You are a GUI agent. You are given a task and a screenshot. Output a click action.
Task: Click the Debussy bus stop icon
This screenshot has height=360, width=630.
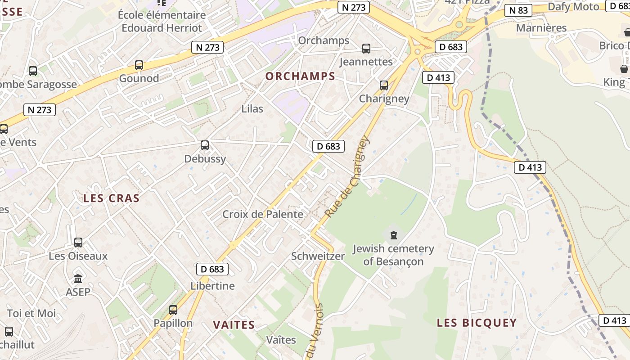205,145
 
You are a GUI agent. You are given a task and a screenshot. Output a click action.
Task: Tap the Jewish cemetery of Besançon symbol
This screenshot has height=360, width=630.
394,235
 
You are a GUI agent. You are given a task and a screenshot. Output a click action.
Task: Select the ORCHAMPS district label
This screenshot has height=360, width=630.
300,76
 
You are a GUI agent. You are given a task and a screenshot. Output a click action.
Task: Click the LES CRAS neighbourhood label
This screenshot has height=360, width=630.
112,198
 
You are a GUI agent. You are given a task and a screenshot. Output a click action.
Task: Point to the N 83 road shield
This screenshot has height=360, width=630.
518,10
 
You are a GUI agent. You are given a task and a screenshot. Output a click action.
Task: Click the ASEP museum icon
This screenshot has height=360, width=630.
78,279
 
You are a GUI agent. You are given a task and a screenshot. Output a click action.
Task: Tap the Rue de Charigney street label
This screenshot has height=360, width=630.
348,177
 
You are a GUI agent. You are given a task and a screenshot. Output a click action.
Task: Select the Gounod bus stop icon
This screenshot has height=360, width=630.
139,65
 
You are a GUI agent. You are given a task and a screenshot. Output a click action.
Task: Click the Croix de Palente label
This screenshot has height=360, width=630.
263,214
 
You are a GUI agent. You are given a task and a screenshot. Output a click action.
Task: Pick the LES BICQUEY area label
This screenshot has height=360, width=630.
477,323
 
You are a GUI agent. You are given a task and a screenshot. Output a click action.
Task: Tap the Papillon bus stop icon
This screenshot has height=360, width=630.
173,310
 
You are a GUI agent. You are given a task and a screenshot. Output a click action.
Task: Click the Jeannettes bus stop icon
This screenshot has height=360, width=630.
366,49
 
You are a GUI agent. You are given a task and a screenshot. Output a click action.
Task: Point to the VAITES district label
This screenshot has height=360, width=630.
234,325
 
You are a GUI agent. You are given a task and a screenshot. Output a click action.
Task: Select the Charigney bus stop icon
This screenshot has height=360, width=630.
384,85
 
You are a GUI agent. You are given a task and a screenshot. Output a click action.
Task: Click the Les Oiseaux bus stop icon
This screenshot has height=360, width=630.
78,243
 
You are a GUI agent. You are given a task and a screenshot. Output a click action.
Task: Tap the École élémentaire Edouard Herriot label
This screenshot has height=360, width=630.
162,21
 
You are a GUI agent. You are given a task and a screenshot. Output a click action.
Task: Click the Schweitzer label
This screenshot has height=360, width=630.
318,256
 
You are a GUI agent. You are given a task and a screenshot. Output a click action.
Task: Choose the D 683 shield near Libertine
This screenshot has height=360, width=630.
212,269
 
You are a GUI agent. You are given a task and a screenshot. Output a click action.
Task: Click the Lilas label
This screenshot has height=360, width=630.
252,108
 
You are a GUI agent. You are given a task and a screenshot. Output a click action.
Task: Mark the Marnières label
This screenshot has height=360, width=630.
541,28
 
